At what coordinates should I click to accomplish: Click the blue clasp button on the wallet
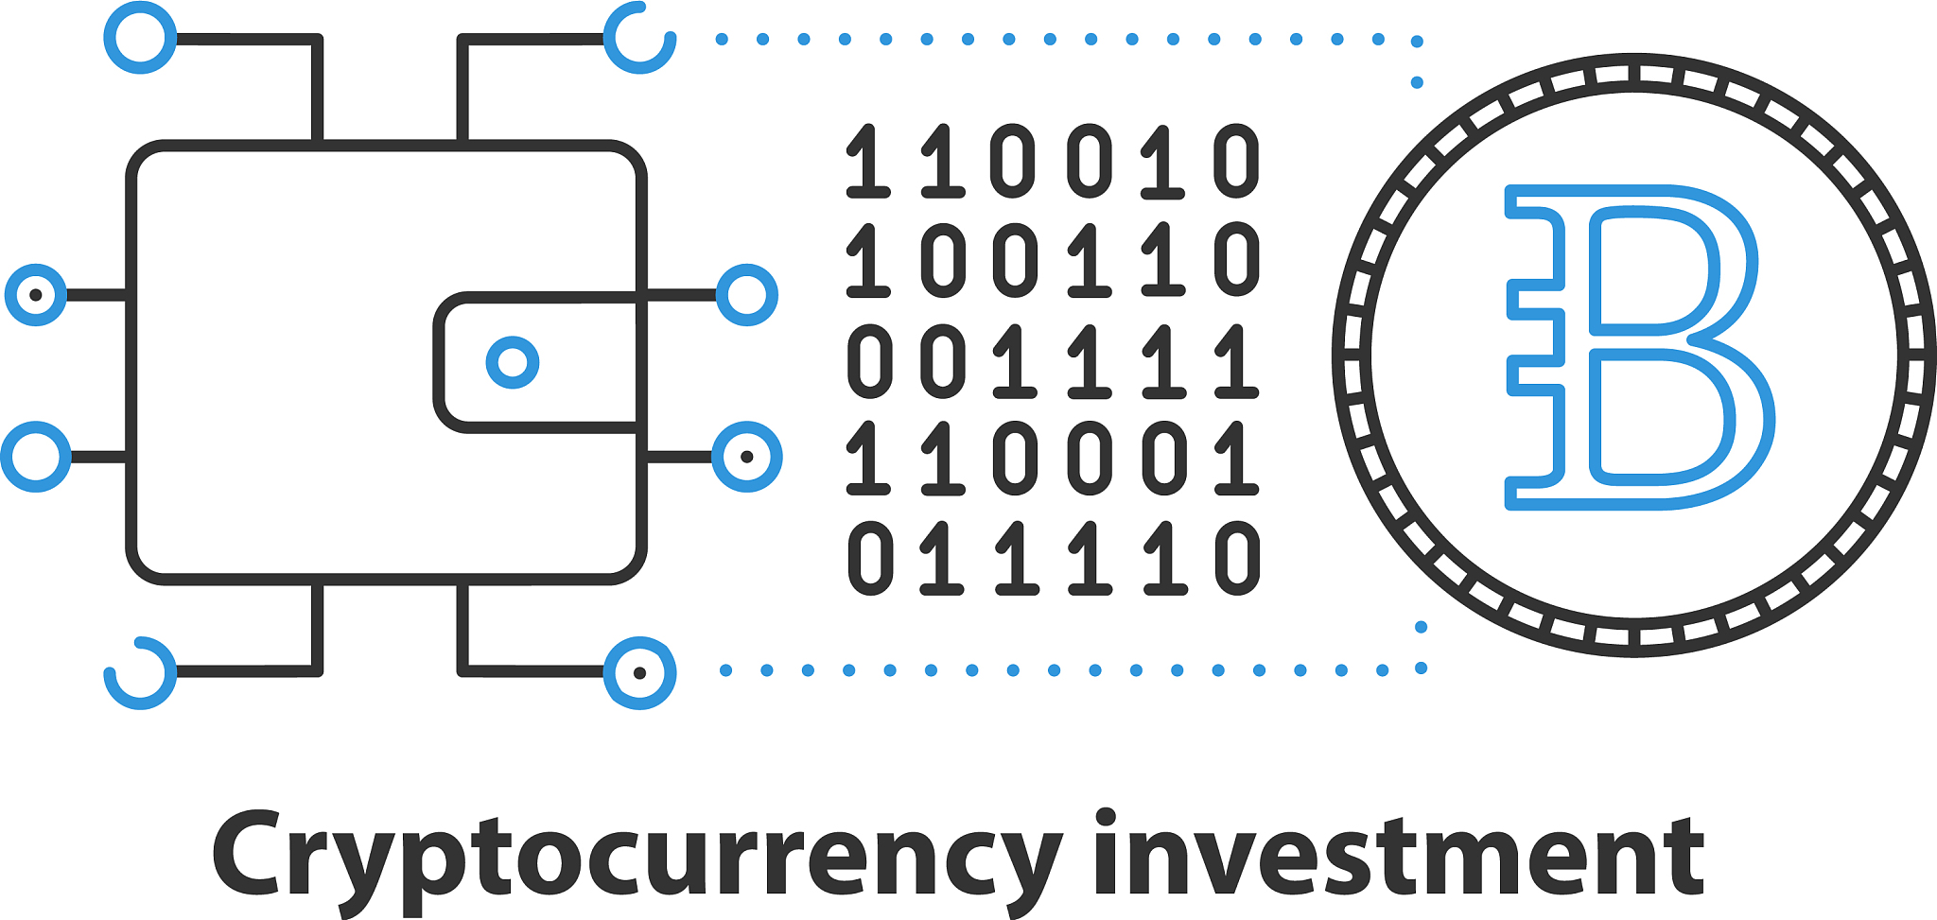point(513,362)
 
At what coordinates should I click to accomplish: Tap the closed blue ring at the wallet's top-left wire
point(140,38)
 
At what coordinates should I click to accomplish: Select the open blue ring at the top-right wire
point(640,39)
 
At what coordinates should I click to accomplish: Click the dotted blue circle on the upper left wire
point(36,295)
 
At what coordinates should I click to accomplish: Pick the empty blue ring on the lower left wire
point(36,457)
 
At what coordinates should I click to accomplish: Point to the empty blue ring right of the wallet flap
point(747,295)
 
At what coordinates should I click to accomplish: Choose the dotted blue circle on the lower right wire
point(747,457)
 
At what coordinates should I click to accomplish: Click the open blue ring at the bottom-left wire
point(140,672)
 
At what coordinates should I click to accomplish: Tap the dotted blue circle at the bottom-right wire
point(640,673)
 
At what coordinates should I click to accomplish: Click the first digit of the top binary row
point(868,162)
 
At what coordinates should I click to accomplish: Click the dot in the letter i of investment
point(1106,819)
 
